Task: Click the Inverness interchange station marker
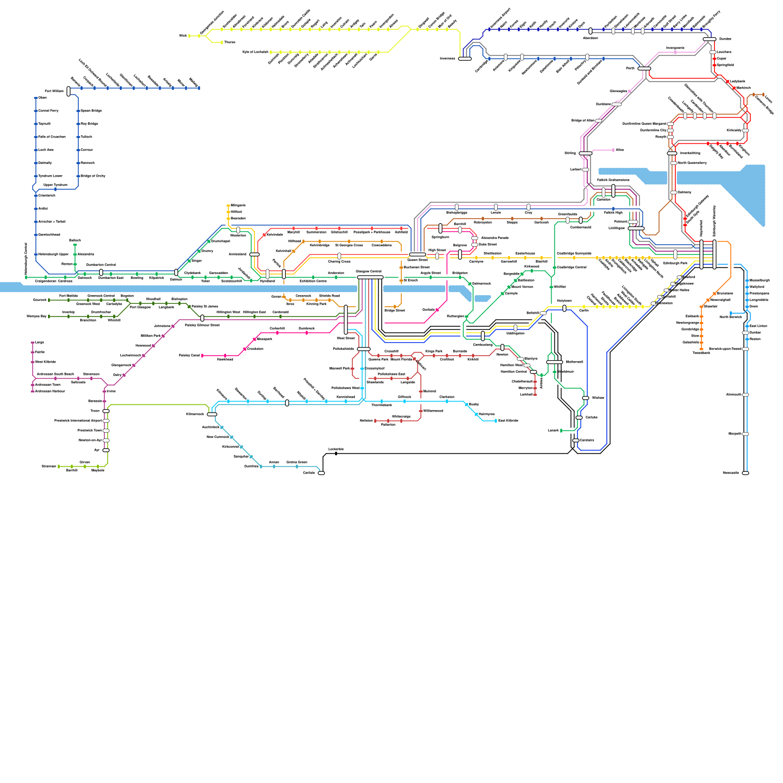pyautogui.click(x=464, y=59)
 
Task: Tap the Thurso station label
pyautogui.click(x=230, y=43)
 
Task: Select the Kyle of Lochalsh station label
pyautogui.click(x=255, y=52)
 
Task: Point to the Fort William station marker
pyautogui.click(x=69, y=91)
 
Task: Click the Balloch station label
pyautogui.click(x=75, y=240)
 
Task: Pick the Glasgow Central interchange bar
pyautogui.click(x=370, y=277)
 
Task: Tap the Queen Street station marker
pyautogui.click(x=417, y=254)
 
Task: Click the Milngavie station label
pyautogui.click(x=238, y=205)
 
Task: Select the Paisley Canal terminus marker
pyautogui.click(x=203, y=356)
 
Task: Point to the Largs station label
pyautogui.click(x=40, y=343)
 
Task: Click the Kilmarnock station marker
pyautogui.click(x=212, y=415)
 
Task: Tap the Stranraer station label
pyautogui.click(x=49, y=466)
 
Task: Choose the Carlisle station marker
pyautogui.click(x=321, y=473)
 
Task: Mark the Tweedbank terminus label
pyautogui.click(x=701, y=353)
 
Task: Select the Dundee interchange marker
pyautogui.click(x=709, y=39)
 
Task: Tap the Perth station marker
pyautogui.click(x=644, y=69)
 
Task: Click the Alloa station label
pyautogui.click(x=620, y=150)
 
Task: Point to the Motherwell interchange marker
pyautogui.click(x=554, y=362)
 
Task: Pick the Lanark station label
pyautogui.click(x=553, y=431)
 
